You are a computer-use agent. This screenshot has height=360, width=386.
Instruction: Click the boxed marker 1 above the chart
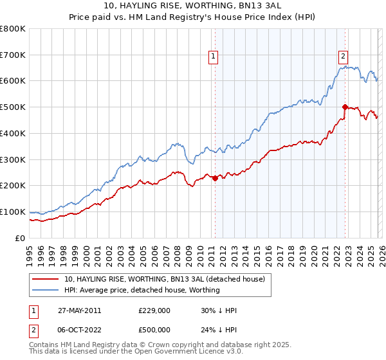pos(214,57)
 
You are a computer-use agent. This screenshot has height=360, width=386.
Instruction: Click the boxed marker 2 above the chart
pos(344,57)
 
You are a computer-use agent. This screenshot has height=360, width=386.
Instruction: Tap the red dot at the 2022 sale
pos(345,107)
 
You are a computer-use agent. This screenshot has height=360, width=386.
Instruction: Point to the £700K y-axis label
pos(13,55)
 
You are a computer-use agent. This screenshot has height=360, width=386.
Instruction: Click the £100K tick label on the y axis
pos(13,212)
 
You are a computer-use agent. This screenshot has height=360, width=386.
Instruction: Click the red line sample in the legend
pos(46,279)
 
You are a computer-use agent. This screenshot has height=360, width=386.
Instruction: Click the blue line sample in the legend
pos(46,290)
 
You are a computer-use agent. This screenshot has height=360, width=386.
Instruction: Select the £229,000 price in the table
pos(154,310)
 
